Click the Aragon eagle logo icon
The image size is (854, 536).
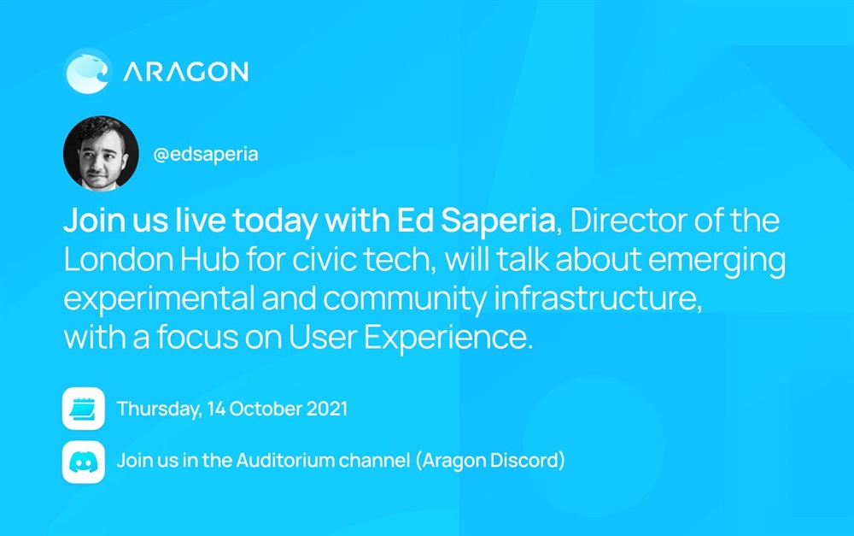point(88,72)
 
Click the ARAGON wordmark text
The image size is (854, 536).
point(185,72)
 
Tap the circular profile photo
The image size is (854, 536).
point(101,153)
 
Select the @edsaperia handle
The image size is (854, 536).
point(205,155)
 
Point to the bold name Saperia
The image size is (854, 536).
point(497,221)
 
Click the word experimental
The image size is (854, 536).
point(159,299)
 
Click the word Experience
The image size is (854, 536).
point(447,338)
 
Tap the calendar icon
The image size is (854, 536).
point(84,409)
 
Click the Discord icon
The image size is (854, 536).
point(84,462)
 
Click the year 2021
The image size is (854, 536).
point(327,409)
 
